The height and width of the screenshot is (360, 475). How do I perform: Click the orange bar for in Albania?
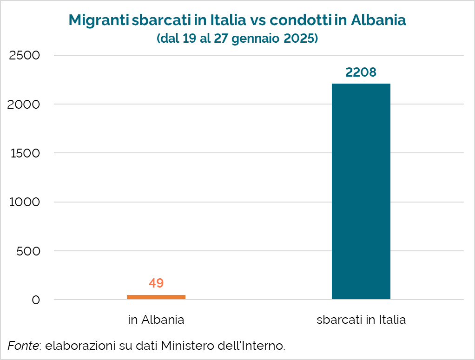[x=156, y=297]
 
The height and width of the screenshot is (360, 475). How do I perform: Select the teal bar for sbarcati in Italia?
[x=361, y=191]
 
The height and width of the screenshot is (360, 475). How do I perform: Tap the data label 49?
[x=156, y=283]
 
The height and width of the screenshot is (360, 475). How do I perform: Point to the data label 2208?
[x=361, y=72]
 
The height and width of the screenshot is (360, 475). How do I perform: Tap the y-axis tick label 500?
[x=29, y=251]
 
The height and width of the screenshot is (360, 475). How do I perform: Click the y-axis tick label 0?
[x=36, y=300]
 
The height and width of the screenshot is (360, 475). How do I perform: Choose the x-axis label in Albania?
[x=156, y=320]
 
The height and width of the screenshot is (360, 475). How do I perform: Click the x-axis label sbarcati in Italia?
[x=361, y=320]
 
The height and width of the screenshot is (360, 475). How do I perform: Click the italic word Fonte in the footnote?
[x=23, y=346]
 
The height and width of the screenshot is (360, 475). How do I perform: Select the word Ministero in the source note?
[x=184, y=346]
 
